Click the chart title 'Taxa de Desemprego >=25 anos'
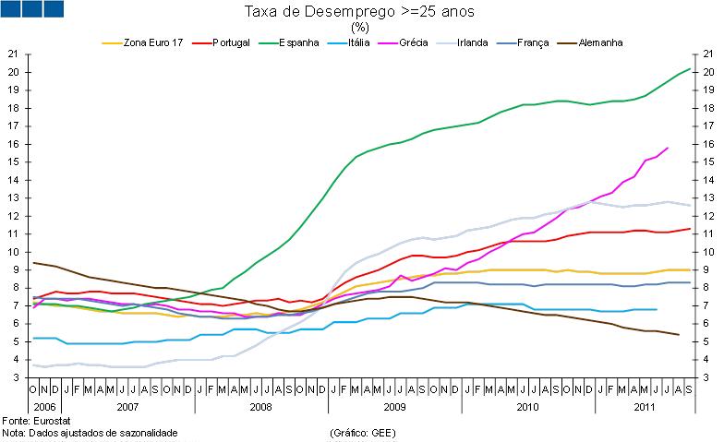pyautogui.click(x=360, y=11)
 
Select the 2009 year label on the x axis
pyautogui.click(x=394, y=406)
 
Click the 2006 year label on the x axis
pyautogui.click(x=44, y=406)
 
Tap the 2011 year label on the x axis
pyautogui.click(x=646, y=406)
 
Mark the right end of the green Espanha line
pyautogui.click(x=691, y=68)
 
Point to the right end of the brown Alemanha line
pyautogui.click(x=679, y=335)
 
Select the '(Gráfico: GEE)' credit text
pyautogui.click(x=361, y=432)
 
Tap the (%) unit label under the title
pyautogui.click(x=360, y=27)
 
